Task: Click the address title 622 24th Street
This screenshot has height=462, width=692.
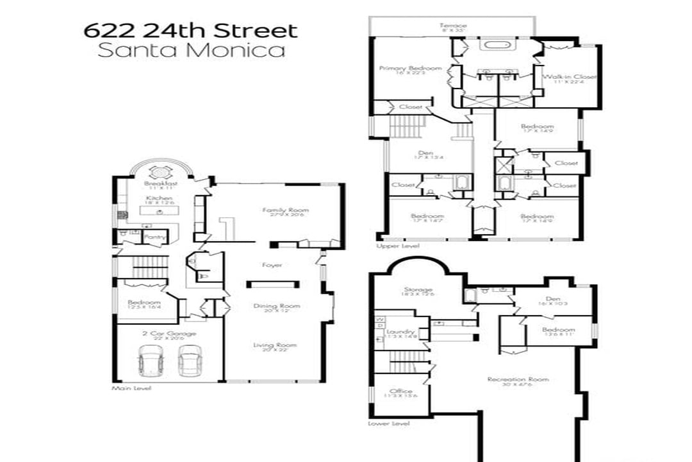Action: pos(190,30)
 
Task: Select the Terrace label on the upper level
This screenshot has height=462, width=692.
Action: pos(452,25)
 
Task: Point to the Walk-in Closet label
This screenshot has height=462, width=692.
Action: pos(570,76)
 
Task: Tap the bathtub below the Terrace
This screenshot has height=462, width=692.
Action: pos(493,46)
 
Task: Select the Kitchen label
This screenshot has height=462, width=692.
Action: pos(158,198)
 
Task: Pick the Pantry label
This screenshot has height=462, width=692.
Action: pos(154,237)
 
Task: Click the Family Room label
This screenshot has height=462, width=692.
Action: pos(285,210)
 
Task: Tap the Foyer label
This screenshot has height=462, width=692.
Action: pos(272,264)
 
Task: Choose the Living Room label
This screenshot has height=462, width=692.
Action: pos(275,345)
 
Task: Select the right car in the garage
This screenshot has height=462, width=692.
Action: pos(190,361)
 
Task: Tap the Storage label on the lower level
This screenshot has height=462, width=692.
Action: pos(418,289)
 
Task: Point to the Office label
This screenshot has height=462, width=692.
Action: pos(401,391)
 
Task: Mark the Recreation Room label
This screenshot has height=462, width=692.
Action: pos(518,379)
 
